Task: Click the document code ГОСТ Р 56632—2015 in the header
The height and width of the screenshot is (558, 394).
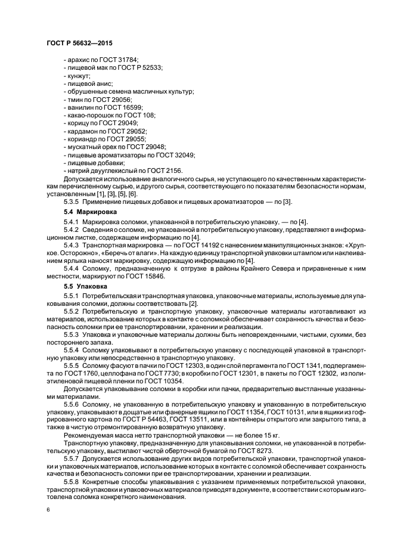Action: click(x=79, y=44)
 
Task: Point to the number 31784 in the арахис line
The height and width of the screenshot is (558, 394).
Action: click(x=127, y=60)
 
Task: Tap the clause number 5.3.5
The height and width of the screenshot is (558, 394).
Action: click(x=72, y=202)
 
